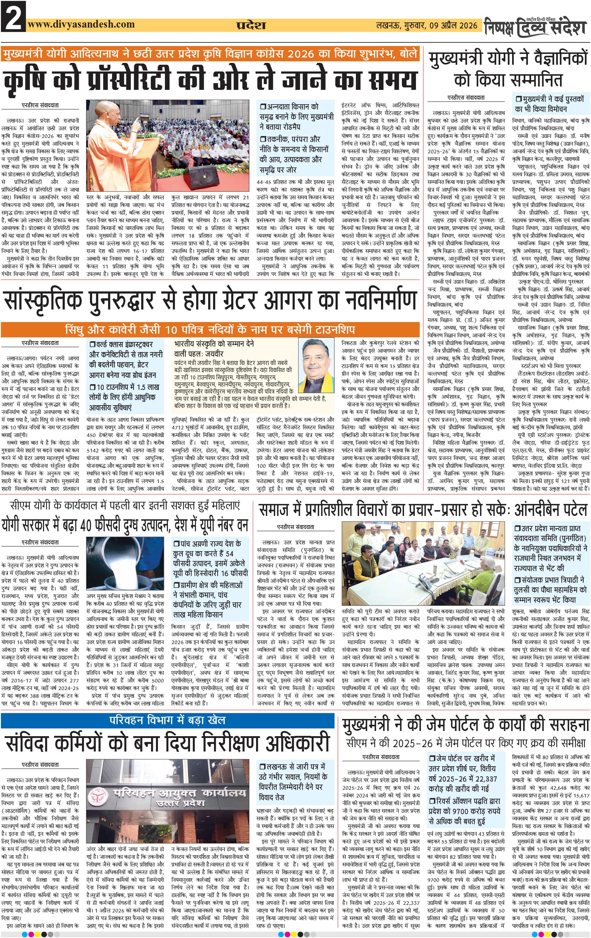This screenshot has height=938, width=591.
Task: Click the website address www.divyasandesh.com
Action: tap(81, 24)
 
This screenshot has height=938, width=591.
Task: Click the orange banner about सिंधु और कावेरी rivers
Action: tap(211, 329)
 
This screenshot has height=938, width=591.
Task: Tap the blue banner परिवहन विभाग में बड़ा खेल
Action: tap(168, 720)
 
